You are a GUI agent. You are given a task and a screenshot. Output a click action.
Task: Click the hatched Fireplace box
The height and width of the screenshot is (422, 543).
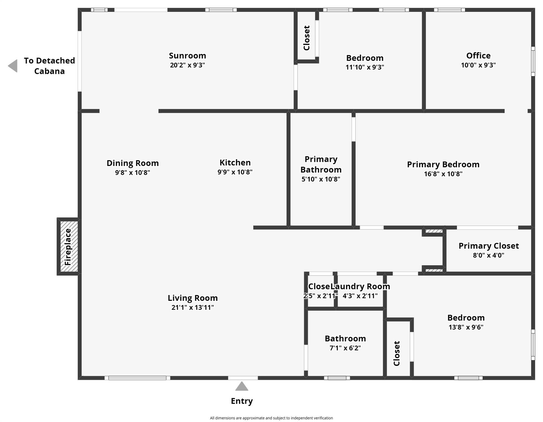coord(69,246)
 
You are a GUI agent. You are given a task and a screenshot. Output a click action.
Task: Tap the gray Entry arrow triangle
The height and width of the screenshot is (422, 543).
coord(242,387)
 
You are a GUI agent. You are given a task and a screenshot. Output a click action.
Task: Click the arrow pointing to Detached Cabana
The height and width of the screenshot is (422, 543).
coord(13,66)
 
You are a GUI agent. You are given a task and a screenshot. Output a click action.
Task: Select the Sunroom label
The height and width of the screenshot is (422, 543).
coord(187,56)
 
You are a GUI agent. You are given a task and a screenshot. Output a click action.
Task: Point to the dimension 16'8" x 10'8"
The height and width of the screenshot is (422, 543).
coord(443,174)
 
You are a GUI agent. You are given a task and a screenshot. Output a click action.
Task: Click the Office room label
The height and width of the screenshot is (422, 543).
coord(478,56)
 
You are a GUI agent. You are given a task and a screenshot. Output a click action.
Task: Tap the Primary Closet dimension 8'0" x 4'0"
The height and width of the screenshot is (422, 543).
coord(488,255)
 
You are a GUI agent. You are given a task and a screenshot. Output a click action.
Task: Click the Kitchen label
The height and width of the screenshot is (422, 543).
coord(235,163)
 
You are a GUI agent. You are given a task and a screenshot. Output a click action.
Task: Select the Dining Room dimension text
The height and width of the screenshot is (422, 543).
coord(132,173)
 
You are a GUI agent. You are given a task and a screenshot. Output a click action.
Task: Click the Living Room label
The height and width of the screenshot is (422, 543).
coord(193,298)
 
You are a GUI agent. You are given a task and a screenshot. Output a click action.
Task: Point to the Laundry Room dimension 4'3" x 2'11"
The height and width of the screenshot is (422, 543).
coord(360,296)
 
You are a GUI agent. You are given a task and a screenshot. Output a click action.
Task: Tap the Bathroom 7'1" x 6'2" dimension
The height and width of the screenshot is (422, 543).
coord(345,348)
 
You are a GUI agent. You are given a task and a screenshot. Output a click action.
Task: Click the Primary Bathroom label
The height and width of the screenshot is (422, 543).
coord(321,164)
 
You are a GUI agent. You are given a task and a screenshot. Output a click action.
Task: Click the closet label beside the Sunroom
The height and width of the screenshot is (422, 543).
coord(307,38)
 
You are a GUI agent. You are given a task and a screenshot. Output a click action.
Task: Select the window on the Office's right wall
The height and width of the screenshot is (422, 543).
coord(533,61)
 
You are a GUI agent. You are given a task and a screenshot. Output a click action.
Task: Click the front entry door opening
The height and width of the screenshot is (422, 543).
coord(243,378)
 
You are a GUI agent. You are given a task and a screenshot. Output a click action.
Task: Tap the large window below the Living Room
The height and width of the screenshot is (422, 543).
coord(137,378)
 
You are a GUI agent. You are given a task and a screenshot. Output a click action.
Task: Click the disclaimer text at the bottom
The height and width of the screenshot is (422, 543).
coord(271,418)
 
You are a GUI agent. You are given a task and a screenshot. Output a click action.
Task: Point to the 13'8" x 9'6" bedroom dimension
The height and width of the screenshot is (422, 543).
coord(466,327)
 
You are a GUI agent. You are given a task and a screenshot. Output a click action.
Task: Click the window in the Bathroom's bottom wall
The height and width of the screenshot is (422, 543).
coord(337,378)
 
